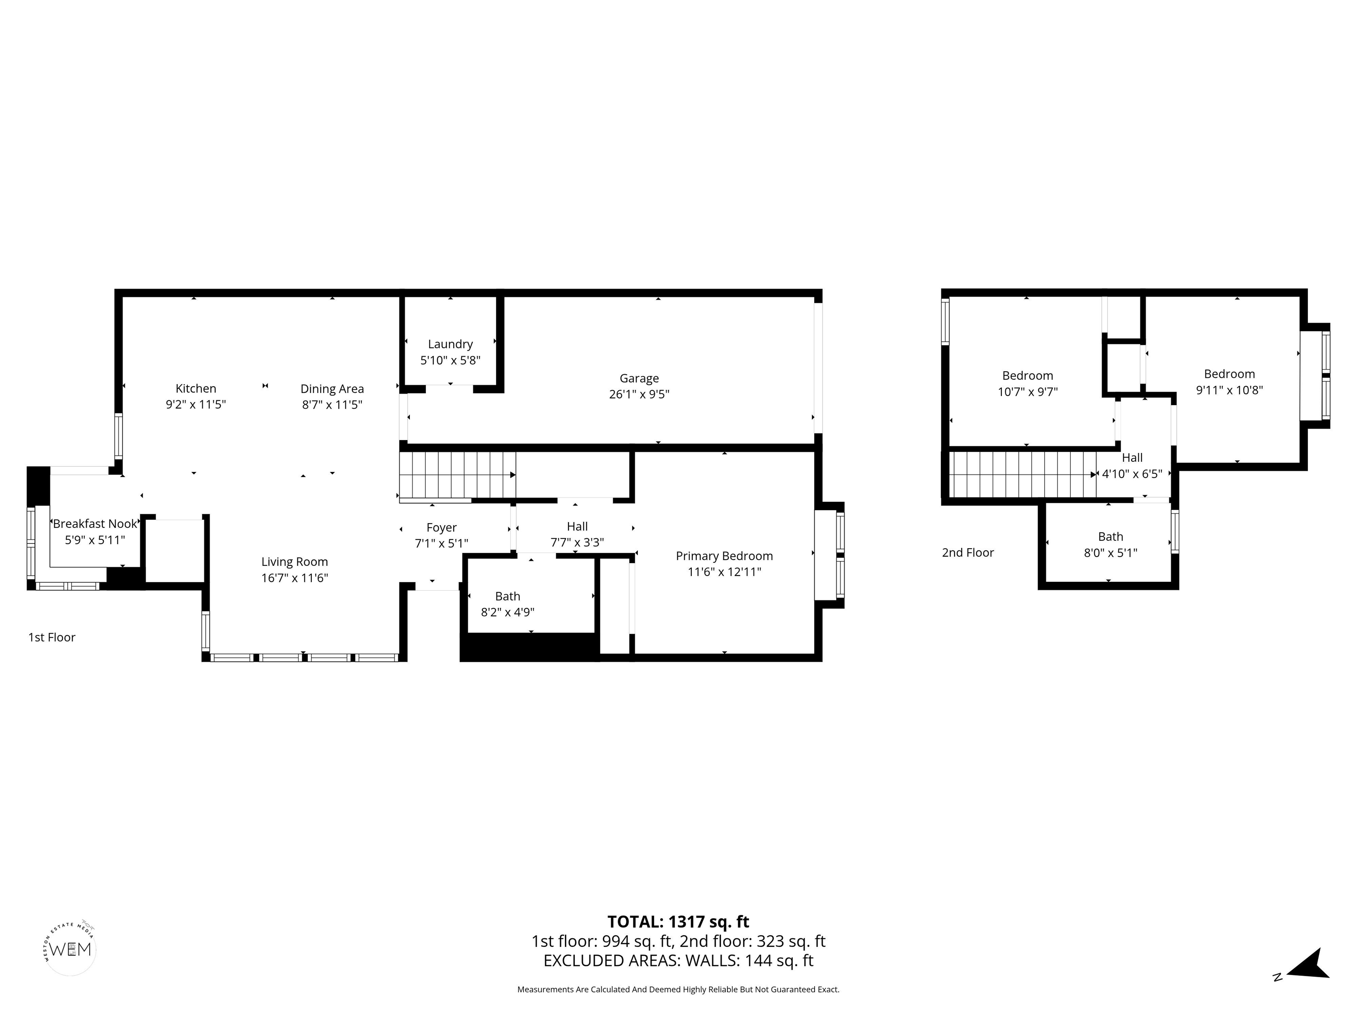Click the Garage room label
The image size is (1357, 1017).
(639, 378)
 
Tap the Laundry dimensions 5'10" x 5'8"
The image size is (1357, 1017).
(450, 361)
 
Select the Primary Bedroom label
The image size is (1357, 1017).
(724, 556)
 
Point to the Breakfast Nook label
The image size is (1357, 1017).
(95, 524)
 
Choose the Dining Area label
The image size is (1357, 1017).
(332, 388)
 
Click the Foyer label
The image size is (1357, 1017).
(441, 527)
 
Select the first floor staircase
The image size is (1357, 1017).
(457, 475)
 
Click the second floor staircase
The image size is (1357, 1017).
(1021, 475)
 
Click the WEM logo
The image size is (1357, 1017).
(71, 949)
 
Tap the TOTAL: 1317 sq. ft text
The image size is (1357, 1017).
(678, 922)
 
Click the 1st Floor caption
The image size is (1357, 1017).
(52, 637)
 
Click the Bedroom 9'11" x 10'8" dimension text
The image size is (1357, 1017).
(1229, 390)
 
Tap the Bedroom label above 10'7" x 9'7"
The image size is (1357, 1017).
(1027, 376)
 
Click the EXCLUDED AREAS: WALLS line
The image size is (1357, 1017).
(678, 960)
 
